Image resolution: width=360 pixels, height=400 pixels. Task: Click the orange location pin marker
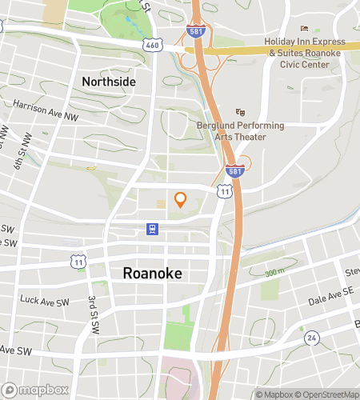[180, 199]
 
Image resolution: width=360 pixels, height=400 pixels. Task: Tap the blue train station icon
[151, 229]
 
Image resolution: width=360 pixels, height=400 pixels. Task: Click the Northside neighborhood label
[109, 82]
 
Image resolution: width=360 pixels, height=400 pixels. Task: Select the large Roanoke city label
[152, 273]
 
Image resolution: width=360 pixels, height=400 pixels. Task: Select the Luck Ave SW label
[40, 300]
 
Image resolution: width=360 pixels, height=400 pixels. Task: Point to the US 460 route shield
[152, 46]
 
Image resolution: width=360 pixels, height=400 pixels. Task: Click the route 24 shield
[312, 338]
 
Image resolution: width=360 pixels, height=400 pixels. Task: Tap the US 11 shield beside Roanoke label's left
[78, 262]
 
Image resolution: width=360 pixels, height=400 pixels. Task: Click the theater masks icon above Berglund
[238, 113]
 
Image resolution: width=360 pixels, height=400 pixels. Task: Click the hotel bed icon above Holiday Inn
[304, 28]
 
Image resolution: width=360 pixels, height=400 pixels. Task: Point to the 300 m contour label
[274, 273]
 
